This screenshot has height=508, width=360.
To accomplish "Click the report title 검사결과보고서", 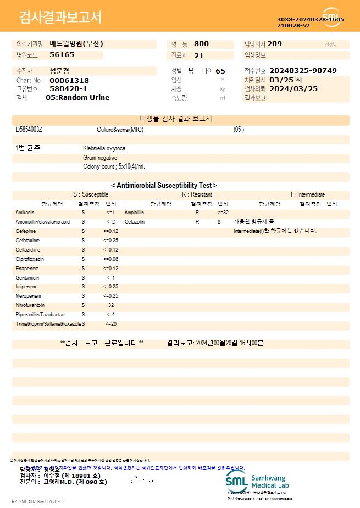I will tap(60, 18).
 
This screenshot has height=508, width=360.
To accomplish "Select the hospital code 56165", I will tap(62, 55).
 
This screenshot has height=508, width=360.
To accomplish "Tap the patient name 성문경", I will tap(59, 71).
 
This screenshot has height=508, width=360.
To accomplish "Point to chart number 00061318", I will tap(69, 80).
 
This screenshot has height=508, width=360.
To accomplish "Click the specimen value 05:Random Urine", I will tap(77, 98).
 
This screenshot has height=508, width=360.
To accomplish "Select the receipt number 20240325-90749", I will tap(303, 71).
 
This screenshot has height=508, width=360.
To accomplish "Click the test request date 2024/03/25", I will tap(294, 88).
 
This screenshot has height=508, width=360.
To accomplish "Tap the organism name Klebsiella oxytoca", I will tap(105, 148).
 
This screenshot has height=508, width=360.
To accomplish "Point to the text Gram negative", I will tap(100, 158).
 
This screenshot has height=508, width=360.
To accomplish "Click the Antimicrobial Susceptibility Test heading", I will tap(164, 186).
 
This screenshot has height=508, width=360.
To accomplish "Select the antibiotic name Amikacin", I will tap(25, 212).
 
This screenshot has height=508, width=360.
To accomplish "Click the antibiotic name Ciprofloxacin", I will tap(30, 259).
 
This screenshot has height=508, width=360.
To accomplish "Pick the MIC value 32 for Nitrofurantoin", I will tap(111, 305).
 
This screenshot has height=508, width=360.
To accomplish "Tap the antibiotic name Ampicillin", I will tap(134, 212).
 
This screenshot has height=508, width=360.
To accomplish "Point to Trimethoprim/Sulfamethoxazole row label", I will tap(48, 324).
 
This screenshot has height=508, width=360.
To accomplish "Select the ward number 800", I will tap(201, 44).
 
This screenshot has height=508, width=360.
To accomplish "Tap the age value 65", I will tap(220, 71).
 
